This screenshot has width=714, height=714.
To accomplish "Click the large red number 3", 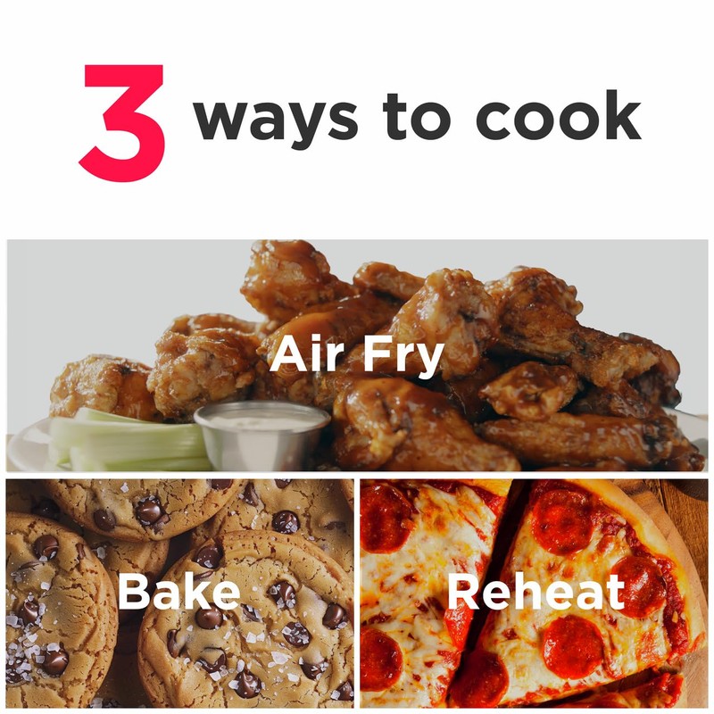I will [123, 122].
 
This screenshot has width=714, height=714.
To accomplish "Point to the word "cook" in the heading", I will [558, 116].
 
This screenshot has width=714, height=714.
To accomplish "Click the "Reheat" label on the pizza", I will [535, 592].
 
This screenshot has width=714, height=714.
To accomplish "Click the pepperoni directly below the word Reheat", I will [571, 647].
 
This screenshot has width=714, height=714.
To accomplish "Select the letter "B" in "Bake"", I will [134, 592].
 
